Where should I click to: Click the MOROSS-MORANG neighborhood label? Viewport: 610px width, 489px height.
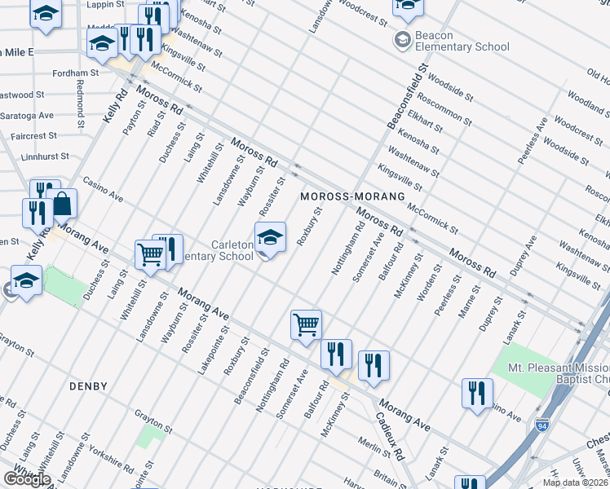(352, 197)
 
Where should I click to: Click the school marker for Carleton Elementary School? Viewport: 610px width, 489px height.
(270, 237)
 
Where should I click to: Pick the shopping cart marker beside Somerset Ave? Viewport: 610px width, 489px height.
(306, 324)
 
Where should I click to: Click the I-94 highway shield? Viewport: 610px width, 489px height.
(543, 425)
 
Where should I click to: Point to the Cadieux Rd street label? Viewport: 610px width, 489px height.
(390, 433)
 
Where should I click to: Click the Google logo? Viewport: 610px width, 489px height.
(26, 479)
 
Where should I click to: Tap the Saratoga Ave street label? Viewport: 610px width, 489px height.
(27, 115)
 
